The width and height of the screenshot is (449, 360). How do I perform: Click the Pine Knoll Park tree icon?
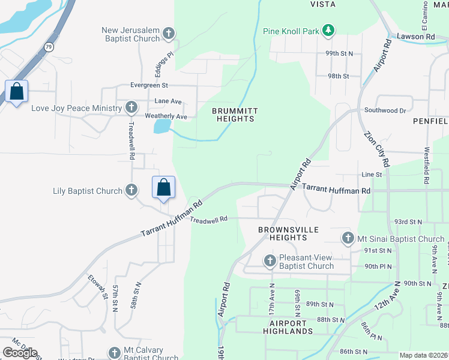click(x=328, y=30)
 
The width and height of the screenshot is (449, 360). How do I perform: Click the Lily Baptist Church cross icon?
click(x=131, y=191)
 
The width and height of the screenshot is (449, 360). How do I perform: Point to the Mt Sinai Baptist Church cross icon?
click(x=347, y=238)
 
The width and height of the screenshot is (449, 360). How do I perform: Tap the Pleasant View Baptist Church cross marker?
click(x=270, y=261)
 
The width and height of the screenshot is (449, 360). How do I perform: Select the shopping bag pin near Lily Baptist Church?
click(x=163, y=188)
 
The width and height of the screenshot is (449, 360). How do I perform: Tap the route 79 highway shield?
click(x=49, y=46)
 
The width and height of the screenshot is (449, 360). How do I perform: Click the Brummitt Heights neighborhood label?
click(x=234, y=115)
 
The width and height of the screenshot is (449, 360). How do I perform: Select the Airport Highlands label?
click(x=287, y=326)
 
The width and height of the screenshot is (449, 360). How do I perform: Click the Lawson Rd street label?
click(x=415, y=37)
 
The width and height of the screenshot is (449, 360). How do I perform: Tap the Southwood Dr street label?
click(x=385, y=110)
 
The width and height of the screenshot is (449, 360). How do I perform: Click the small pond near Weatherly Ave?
click(x=161, y=126)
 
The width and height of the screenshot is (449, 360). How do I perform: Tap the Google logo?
click(x=20, y=353)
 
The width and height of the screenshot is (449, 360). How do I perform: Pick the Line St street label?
click(x=372, y=175)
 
